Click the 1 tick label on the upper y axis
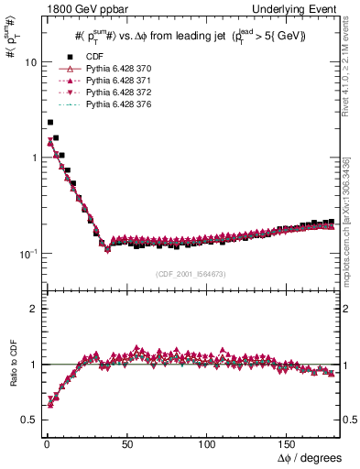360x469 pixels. point(30,158)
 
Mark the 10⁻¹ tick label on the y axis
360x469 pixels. point(26,253)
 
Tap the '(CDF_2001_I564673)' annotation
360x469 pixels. point(191,274)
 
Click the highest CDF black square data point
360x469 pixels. point(49,122)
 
